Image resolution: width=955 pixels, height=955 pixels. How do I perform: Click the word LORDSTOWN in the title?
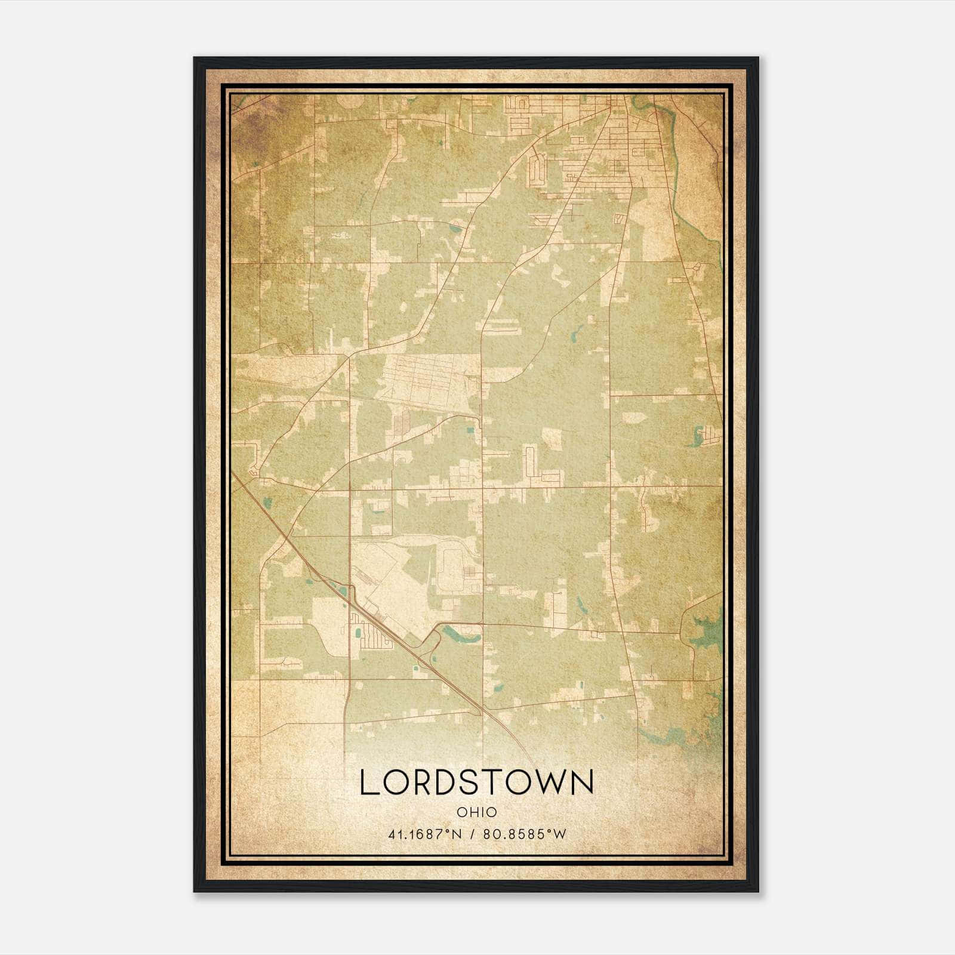[x=477, y=783]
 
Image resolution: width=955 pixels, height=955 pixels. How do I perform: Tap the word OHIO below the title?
[x=477, y=812]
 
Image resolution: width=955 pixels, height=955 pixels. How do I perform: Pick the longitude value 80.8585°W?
[x=526, y=834]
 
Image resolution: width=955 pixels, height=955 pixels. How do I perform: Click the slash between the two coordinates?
[x=473, y=834]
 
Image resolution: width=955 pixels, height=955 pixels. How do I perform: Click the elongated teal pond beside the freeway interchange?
[x=460, y=633]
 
